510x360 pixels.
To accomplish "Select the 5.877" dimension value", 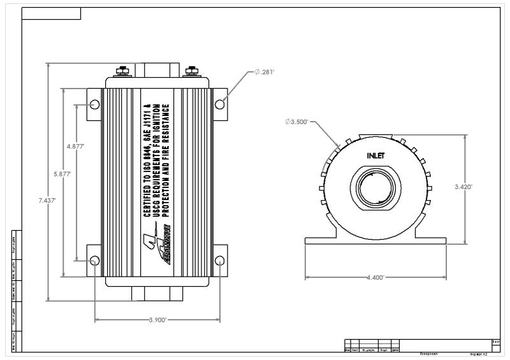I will [x=62, y=173].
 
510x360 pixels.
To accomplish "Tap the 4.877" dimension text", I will [x=76, y=146].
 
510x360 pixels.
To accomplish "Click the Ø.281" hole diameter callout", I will [x=264, y=72].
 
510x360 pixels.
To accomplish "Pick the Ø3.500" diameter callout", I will [x=297, y=121].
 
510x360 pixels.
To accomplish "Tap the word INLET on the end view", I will [x=376, y=155].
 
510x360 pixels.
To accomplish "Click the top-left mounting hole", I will [x=94, y=104].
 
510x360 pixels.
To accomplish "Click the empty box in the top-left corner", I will [x=52, y=14].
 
